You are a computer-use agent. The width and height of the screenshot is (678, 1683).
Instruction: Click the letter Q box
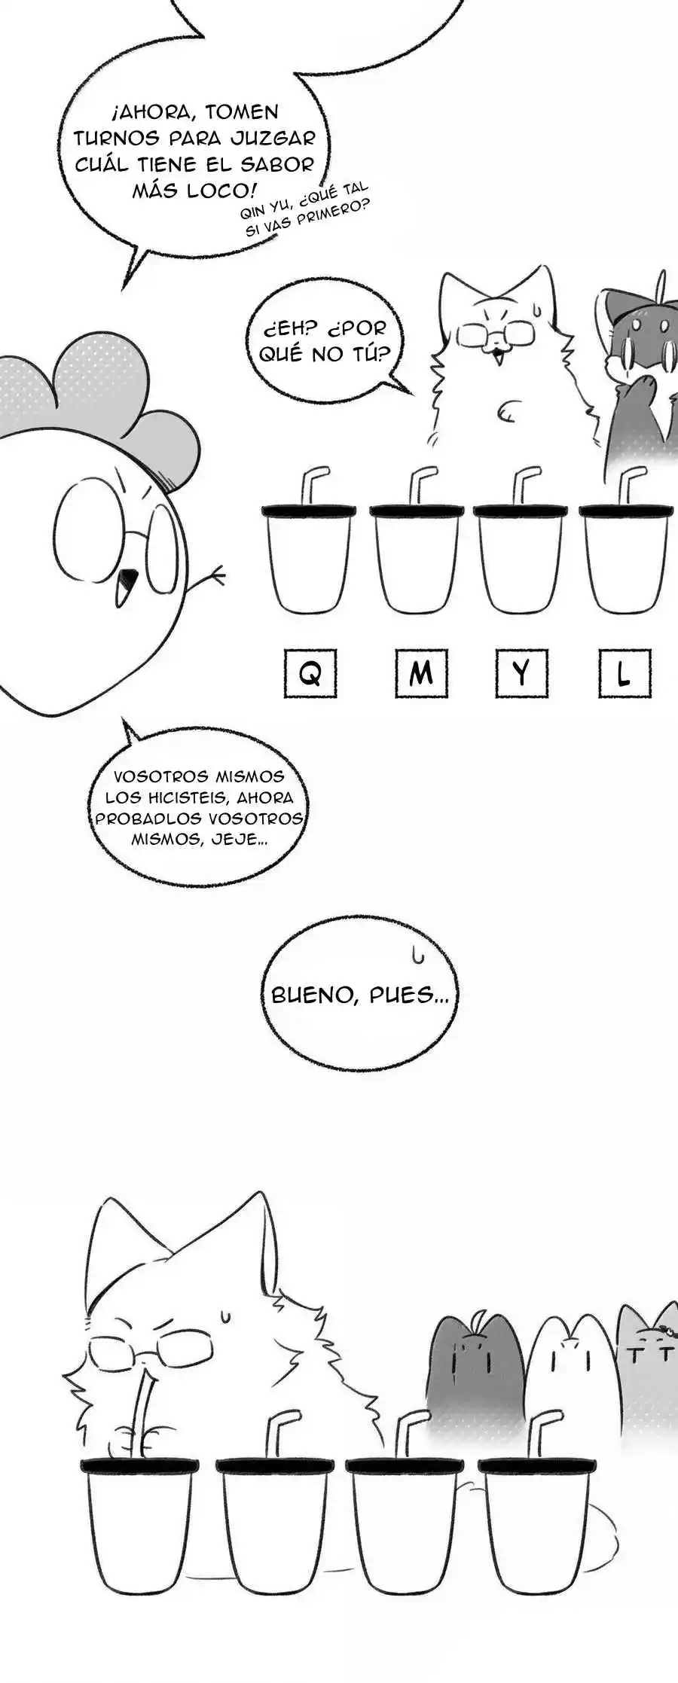[310, 672]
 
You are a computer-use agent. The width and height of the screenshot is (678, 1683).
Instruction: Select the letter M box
[421, 672]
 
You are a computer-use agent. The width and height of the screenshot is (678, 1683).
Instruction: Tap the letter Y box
[521, 672]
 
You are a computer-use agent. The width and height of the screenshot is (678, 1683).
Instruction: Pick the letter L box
[624, 672]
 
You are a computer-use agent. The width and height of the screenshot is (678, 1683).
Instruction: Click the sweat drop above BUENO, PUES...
[417, 956]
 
